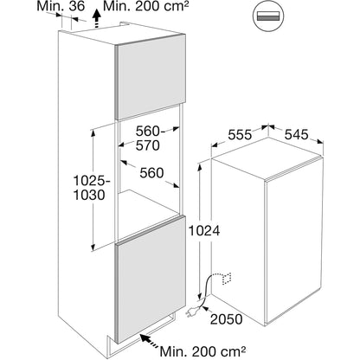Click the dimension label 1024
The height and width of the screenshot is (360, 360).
[x=204, y=230]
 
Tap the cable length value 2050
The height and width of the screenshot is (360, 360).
[x=226, y=319]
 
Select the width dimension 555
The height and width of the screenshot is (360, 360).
[x=240, y=135]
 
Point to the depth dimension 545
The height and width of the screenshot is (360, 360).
[x=296, y=134]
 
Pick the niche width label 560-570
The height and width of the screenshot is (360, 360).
[x=150, y=138]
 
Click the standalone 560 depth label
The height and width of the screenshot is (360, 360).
[x=151, y=173]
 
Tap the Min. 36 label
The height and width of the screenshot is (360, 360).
[x=61, y=6]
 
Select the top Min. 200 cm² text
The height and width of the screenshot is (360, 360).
[x=144, y=6]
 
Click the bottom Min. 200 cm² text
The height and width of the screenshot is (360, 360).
[x=202, y=351]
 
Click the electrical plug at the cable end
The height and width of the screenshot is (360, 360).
[x=193, y=312]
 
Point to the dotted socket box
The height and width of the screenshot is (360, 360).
[x=227, y=278]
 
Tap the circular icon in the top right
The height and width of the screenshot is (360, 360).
[x=268, y=16]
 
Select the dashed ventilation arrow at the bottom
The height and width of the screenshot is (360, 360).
[x=150, y=341]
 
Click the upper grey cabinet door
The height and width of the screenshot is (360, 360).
[x=151, y=76]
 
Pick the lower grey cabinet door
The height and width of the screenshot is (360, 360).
[x=151, y=280]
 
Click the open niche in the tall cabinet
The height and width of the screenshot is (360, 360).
[x=150, y=173]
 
